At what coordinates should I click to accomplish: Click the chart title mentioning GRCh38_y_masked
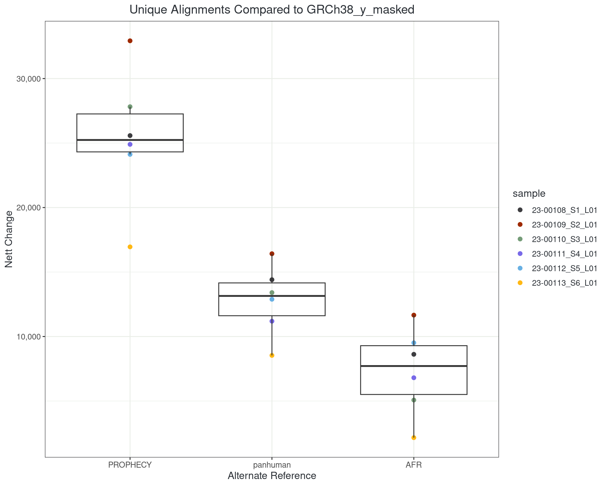[272, 10]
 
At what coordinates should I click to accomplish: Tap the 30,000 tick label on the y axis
[29, 79]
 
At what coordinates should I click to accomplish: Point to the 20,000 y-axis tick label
[29, 208]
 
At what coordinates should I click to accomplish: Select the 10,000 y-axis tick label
[29, 337]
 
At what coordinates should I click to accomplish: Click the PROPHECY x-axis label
[130, 465]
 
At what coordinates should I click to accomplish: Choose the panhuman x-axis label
[272, 465]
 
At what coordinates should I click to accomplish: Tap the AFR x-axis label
[414, 465]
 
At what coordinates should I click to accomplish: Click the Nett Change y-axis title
[9, 239]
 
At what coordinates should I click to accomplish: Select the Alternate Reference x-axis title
[272, 476]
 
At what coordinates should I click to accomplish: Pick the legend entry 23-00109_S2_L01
[564, 225]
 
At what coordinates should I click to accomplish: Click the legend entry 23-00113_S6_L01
[564, 283]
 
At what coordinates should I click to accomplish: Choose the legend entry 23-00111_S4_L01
[564, 254]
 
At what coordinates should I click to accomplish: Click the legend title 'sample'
[529, 194]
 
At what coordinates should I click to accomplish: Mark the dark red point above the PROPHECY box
[130, 41]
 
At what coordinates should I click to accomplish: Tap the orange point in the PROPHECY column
[130, 247]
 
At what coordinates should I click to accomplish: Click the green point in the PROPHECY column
[130, 107]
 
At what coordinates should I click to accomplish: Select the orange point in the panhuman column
[272, 355]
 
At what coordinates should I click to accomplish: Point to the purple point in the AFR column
[414, 378]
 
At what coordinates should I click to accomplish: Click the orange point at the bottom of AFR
[414, 438]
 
